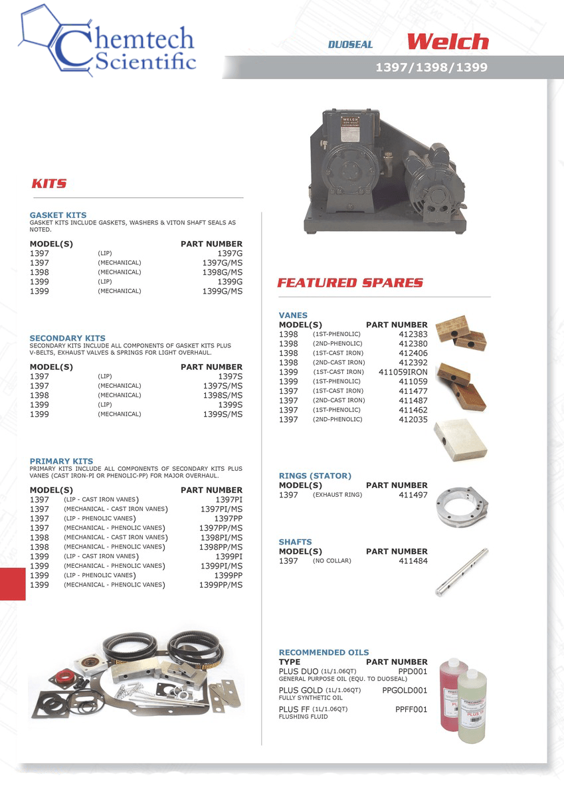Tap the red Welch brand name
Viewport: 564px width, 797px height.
click(x=447, y=42)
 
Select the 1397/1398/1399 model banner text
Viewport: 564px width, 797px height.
click(x=431, y=67)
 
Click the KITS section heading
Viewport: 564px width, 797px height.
click(x=49, y=183)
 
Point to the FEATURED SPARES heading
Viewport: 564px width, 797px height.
click(x=349, y=282)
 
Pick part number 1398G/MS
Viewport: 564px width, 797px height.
click(x=222, y=272)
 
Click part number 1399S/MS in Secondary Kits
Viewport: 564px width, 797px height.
click(x=223, y=414)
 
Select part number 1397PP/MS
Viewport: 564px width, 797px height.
click(x=221, y=528)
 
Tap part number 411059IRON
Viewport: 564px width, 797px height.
click(x=403, y=372)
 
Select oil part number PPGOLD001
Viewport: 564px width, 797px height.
click(x=405, y=691)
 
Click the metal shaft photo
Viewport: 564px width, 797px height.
click(x=461, y=573)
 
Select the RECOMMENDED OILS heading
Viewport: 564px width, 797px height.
click(x=324, y=652)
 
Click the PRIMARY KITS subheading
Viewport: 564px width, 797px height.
click(x=61, y=461)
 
